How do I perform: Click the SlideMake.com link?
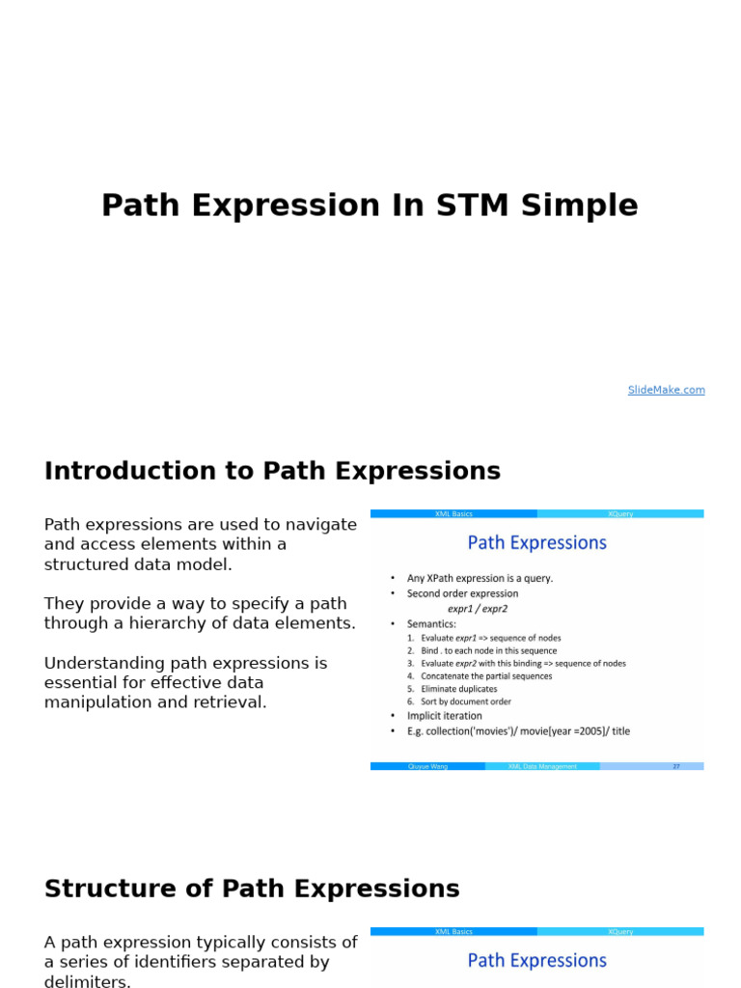tap(666, 390)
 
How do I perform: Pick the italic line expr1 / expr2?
tap(478, 609)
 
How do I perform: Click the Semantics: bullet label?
tap(431, 623)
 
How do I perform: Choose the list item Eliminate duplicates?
tap(459, 689)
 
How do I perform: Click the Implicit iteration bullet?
tap(445, 716)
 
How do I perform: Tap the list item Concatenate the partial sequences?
tap(486, 676)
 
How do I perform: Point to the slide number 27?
tap(676, 766)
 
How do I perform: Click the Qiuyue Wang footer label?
tap(427, 766)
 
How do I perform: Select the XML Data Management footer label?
tap(542, 766)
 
